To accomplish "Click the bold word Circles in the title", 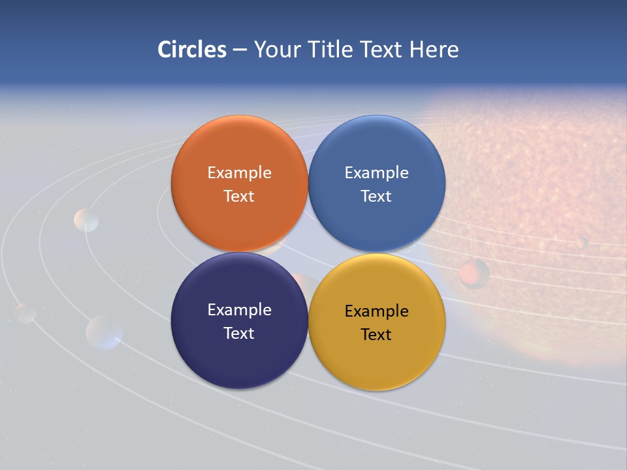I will click(x=192, y=50).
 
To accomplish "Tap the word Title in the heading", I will click(x=333, y=50).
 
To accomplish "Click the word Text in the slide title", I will click(x=382, y=50).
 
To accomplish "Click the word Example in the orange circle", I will click(x=239, y=172).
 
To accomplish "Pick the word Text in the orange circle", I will click(x=239, y=196).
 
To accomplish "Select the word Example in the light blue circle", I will click(x=376, y=172).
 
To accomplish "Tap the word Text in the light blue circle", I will click(x=376, y=196).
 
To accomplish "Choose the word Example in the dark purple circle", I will click(x=239, y=309).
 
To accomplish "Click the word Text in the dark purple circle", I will click(x=239, y=333).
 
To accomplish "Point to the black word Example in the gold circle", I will click(x=376, y=311).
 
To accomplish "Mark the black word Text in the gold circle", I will click(x=376, y=334).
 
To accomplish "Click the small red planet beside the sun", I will click(x=474, y=274).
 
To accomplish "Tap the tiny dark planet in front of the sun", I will click(x=581, y=242).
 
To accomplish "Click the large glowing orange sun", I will click(x=536, y=196).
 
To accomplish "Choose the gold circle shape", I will click(x=377, y=359).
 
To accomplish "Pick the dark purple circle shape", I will click(x=239, y=359).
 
